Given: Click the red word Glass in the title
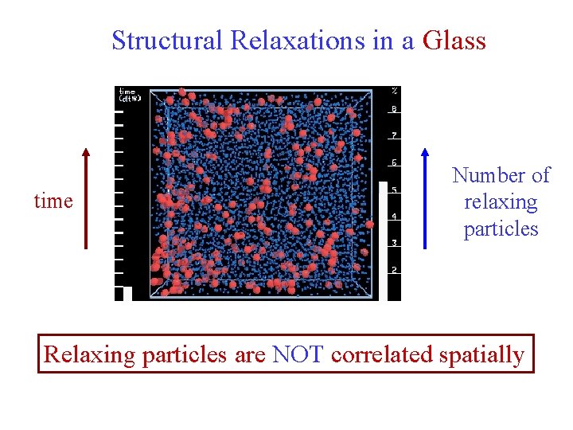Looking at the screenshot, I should pos(454,40).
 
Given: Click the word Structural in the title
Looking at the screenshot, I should pos(168,40).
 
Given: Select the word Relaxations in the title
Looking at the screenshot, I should pos(298,40).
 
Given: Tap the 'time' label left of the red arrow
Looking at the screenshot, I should pos(53,201).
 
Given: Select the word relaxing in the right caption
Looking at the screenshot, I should pos(501,202).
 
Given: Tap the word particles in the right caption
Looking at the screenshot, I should pos(501,229).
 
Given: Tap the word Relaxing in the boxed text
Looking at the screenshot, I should pos(89,354).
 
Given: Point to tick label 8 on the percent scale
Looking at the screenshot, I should pos(394,109).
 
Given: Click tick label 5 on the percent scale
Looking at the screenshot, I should pos(394,190).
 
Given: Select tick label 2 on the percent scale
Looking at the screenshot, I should pos(394,270).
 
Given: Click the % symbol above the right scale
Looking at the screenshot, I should pos(394,91).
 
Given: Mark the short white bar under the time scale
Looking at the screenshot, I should pos(127,293).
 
